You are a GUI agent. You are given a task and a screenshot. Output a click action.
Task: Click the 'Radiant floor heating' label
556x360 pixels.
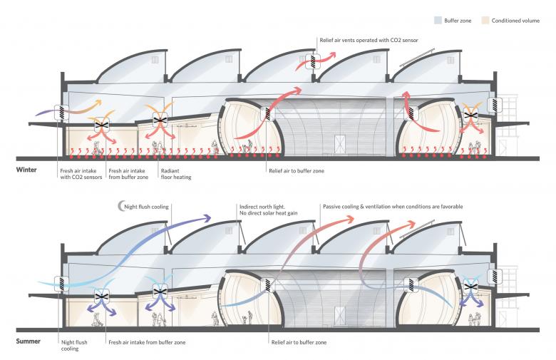coord(170,174)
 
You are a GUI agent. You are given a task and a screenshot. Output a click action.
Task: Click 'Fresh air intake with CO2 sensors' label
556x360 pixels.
coord(79,174)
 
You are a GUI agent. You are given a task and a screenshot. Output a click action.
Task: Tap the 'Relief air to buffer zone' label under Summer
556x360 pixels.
coord(299,342)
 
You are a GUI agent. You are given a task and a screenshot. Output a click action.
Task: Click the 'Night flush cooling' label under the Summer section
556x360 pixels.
coord(74,346)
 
